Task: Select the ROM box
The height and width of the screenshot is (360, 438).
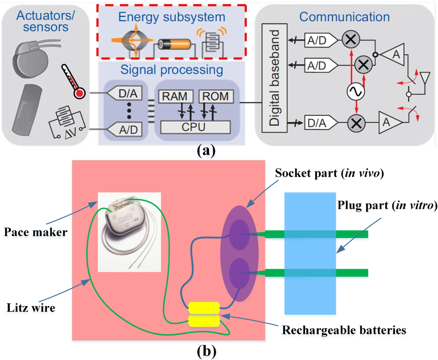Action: [216, 96]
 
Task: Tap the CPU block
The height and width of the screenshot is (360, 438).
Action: [195, 127]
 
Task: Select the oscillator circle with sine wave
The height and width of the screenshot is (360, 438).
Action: [355, 91]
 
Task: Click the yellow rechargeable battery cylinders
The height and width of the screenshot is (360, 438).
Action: [204, 314]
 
